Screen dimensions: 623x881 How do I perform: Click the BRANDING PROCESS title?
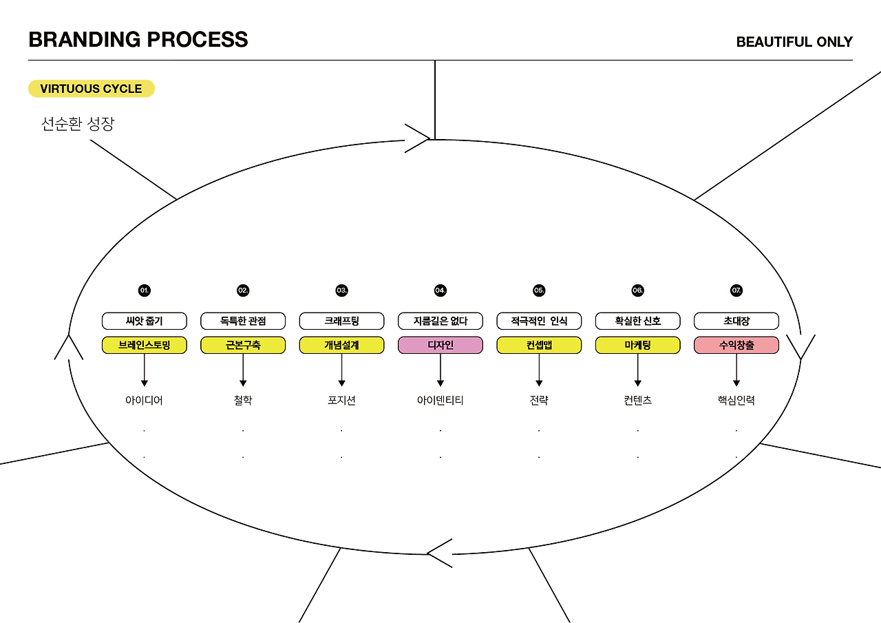click(138, 39)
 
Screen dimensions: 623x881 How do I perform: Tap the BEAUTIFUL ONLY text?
click(794, 42)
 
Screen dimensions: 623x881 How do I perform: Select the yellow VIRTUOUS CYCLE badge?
click(91, 89)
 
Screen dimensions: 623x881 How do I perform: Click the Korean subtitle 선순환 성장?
click(78, 124)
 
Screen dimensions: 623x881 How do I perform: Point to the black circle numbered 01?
click(145, 291)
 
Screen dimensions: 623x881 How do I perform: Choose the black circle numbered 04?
click(440, 291)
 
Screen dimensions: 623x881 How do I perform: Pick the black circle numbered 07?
click(736, 291)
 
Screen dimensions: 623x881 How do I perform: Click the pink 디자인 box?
click(440, 345)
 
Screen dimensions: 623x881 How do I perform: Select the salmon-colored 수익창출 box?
click(736, 345)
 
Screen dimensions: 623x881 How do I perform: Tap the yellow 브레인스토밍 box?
click(145, 345)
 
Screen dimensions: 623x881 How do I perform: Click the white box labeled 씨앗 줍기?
click(145, 321)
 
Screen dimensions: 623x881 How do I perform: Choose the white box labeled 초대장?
click(736, 321)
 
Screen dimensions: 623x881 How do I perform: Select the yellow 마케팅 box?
click(638, 345)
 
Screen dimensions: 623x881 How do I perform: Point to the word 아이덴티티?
click(440, 400)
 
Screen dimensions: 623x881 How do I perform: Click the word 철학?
click(243, 400)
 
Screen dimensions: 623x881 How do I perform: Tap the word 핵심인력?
click(736, 400)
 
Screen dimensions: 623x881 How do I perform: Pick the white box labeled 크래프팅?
click(342, 321)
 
